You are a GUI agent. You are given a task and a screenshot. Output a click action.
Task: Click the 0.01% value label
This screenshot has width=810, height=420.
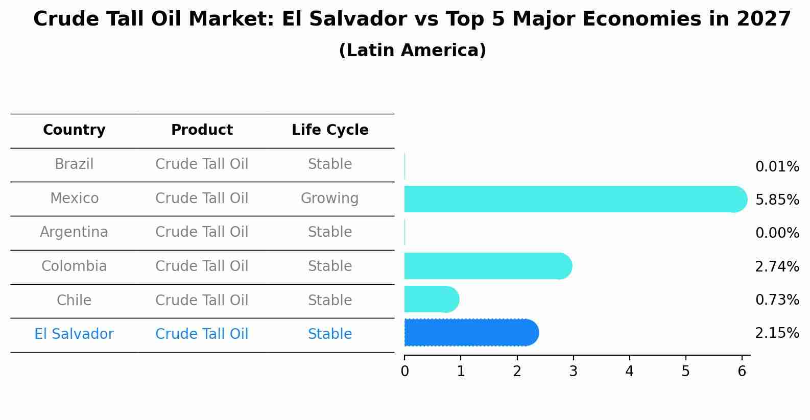click(x=777, y=167)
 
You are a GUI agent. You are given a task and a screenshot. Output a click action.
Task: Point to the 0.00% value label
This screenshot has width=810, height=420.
click(x=777, y=233)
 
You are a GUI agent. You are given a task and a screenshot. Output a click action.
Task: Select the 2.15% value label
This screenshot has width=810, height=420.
click(x=777, y=333)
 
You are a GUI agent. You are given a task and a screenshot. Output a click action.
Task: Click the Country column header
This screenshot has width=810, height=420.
click(x=74, y=130)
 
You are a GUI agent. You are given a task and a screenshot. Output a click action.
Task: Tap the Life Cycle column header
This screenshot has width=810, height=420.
click(x=330, y=130)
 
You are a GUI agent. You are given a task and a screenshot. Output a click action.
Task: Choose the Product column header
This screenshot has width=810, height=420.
click(x=202, y=130)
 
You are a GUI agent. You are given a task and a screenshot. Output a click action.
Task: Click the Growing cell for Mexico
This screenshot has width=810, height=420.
click(x=329, y=198)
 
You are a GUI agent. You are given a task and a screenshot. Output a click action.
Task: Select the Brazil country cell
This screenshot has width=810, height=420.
click(x=74, y=164)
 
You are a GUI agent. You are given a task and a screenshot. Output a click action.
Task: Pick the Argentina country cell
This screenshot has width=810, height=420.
click(x=74, y=232)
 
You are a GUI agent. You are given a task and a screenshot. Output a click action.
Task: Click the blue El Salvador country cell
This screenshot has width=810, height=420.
click(x=74, y=334)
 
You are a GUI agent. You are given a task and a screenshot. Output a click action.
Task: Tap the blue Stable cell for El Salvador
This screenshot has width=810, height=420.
click(x=329, y=334)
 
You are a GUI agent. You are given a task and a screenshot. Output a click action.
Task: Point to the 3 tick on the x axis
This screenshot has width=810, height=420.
click(x=573, y=372)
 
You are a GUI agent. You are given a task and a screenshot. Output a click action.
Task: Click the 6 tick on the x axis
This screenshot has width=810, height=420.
click(x=742, y=372)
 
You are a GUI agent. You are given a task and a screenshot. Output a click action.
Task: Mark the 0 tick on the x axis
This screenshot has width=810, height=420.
click(x=404, y=372)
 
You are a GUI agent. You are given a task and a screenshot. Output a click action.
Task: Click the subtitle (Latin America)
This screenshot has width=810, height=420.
click(x=412, y=51)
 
